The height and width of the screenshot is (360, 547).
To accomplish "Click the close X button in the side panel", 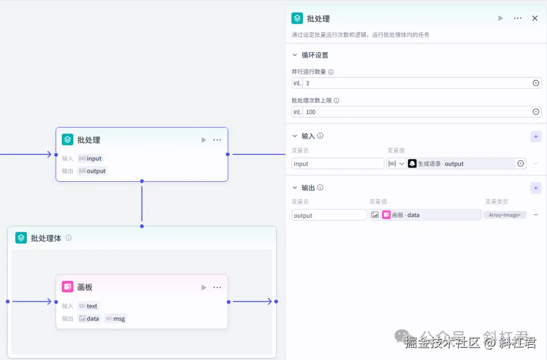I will tap(534, 18).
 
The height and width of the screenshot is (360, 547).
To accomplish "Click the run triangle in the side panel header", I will tap(500, 18).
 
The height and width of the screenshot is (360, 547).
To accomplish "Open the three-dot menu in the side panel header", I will tap(517, 18).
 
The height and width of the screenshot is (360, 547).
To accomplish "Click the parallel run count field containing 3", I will tap(415, 83).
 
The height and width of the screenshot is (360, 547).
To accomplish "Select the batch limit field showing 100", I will tap(415, 112).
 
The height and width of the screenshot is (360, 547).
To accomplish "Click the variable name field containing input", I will tap(337, 164).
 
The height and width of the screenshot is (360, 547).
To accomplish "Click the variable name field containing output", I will tap(329, 215).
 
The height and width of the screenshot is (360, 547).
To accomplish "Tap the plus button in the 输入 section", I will tap(535, 136).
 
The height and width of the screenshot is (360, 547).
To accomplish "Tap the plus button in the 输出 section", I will tap(535, 188).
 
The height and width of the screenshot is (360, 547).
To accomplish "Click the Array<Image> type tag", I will tap(504, 215).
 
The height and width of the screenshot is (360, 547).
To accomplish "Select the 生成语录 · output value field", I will tap(461, 164).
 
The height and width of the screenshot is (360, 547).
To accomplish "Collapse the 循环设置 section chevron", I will tap(295, 55).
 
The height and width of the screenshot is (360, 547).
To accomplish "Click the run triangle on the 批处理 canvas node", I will tap(204, 140).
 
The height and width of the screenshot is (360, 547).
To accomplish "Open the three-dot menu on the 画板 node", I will tap(217, 288).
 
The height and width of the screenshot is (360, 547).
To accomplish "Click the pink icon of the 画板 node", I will tap(67, 287).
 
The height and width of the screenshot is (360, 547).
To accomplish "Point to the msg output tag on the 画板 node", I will tap(115, 318).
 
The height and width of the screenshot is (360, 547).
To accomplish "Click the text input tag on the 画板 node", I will tap(89, 306).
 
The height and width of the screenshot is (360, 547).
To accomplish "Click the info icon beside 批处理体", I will tap(68, 238).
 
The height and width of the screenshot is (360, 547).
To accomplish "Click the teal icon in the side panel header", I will tap(297, 18).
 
